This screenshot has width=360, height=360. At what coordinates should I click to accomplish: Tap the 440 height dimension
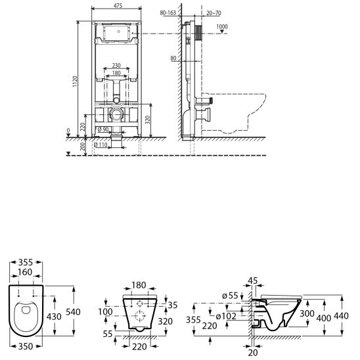tap(341, 317)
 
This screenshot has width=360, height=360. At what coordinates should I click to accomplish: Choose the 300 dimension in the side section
tap(307, 314)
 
